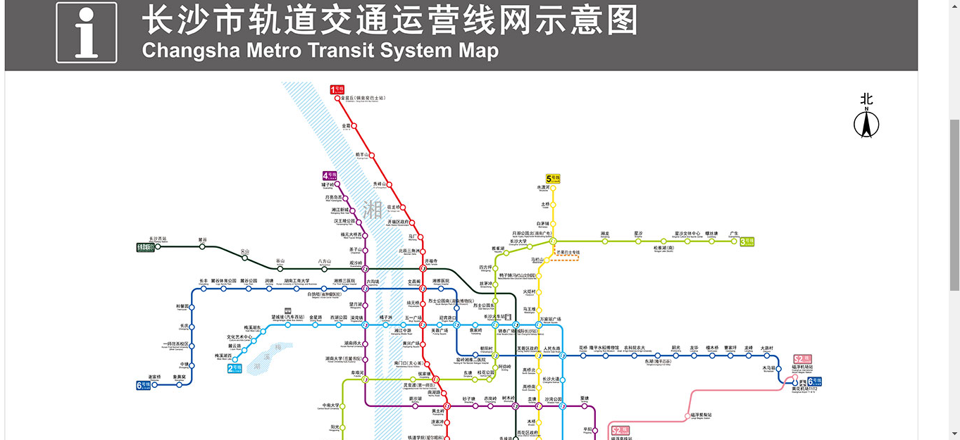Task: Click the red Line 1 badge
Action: click(337, 89)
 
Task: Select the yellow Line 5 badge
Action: click(553, 179)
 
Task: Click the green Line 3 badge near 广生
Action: click(747, 242)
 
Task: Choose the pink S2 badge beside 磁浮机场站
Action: click(802, 359)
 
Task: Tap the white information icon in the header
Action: click(87, 32)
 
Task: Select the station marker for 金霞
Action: click(354, 127)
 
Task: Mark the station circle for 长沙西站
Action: click(158, 246)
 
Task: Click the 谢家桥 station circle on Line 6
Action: click(155, 384)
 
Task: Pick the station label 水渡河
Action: click(542, 187)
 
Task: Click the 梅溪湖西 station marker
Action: click(235, 360)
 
